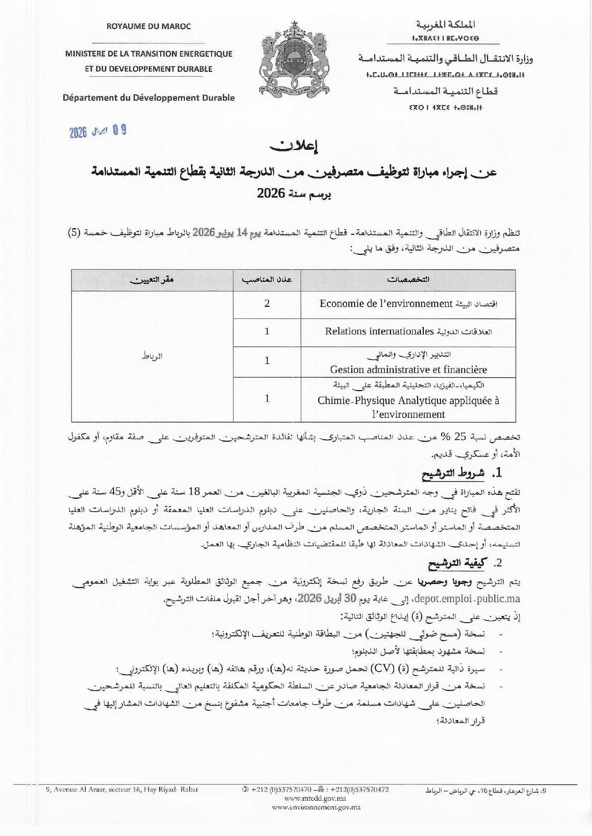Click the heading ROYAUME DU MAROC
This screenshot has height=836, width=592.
(x=149, y=27)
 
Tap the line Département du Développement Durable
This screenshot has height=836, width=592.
(x=149, y=98)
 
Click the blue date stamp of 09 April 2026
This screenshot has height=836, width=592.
(x=98, y=131)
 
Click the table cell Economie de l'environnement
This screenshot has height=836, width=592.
(x=408, y=304)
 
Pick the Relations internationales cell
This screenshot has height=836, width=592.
(x=408, y=332)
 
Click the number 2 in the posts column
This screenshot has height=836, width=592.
(x=267, y=303)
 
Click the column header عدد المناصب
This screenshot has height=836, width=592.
(x=267, y=280)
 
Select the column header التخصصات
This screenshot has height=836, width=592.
(x=408, y=280)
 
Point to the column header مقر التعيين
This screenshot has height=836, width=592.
(x=153, y=280)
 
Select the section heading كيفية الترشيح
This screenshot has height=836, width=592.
(x=456, y=564)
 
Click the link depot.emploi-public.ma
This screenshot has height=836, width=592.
(x=468, y=599)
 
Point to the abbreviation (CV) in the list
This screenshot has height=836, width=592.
(x=383, y=669)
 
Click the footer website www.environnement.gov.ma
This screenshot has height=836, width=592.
(x=316, y=807)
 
